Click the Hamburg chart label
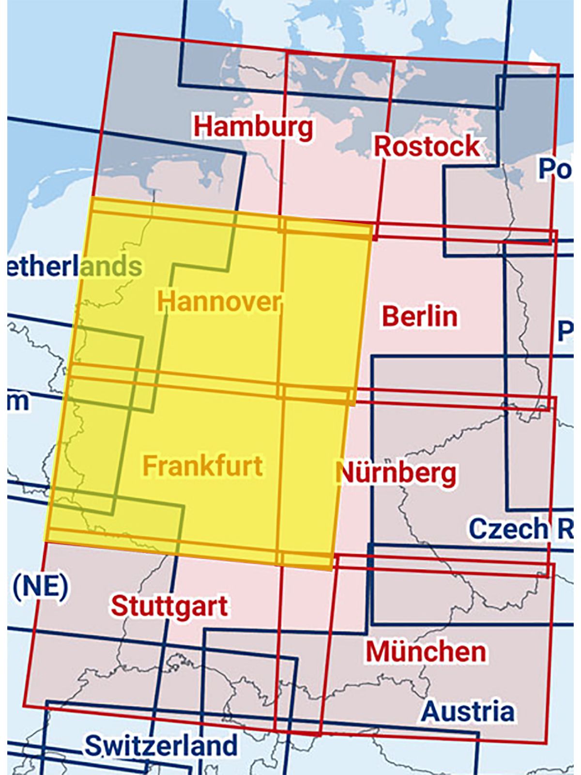click(x=253, y=127)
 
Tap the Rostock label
click(x=427, y=146)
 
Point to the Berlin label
click(x=420, y=316)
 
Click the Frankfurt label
click(x=203, y=465)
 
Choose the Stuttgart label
click(x=169, y=606)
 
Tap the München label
click(x=426, y=651)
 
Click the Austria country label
click(x=468, y=712)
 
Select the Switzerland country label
click(x=161, y=745)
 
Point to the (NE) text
click(x=40, y=586)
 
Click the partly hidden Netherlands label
click(x=75, y=267)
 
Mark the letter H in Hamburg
click(x=202, y=127)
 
